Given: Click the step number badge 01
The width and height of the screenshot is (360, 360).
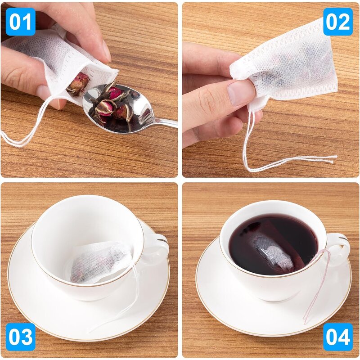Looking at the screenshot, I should coord(21,21).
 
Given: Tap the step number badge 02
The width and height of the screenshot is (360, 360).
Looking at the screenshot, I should coord(338,21).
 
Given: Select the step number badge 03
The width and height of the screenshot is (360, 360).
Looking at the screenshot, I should coord(21,337).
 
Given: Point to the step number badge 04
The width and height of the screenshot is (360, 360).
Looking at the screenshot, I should coord(338,337).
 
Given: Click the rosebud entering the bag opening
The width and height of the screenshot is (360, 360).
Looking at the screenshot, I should coord(77,83).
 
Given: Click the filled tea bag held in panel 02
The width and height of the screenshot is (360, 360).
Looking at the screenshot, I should coord(288,67).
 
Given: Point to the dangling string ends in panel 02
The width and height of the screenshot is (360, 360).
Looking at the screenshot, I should coord(315,160).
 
